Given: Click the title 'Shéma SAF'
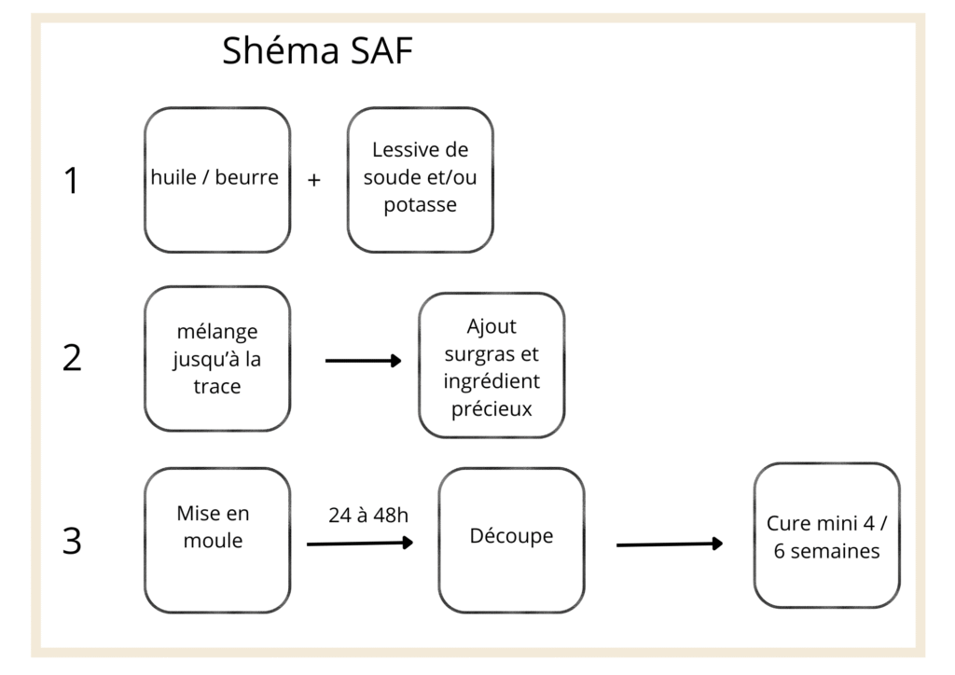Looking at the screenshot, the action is [317, 50].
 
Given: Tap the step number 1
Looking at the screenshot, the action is [72, 181].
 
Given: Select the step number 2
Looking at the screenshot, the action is [72, 358].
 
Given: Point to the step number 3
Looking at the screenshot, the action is [72, 541].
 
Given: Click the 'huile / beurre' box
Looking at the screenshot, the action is [217, 180].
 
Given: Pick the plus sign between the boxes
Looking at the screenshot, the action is [313, 180].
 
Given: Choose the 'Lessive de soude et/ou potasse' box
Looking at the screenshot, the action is [421, 180].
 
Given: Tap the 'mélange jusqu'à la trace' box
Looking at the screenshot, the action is [217, 359].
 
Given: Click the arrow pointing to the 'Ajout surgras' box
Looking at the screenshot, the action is [364, 361].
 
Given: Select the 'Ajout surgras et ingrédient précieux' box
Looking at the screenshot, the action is [491, 365].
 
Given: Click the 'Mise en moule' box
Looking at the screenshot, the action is [217, 541].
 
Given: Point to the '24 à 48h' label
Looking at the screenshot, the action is [368, 516].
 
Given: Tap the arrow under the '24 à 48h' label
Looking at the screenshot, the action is [360, 543].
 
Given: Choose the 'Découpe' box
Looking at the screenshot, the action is [512, 541].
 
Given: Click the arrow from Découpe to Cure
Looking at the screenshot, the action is [670, 544].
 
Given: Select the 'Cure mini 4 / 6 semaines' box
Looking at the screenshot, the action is [827, 535].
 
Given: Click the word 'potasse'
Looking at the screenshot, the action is [421, 205].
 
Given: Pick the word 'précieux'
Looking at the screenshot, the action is [491, 409].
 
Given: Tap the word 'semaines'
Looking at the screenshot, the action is [835, 551].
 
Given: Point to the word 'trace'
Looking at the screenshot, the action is [217, 387].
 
